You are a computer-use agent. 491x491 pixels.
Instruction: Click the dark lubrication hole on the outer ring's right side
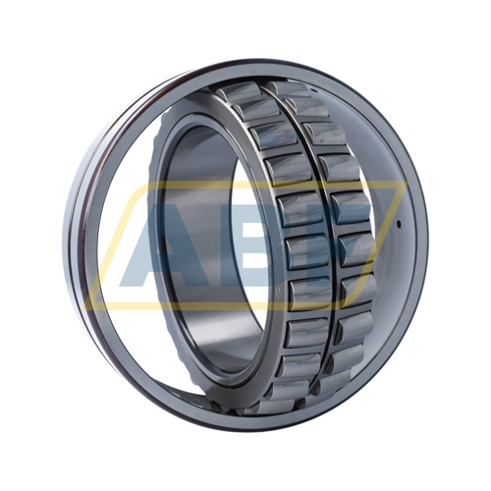pyautogui.click(x=399, y=224)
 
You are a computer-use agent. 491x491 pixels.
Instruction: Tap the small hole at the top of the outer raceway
pyautogui.click(x=312, y=89)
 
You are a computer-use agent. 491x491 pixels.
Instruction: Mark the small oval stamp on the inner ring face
pyautogui.click(x=279, y=291)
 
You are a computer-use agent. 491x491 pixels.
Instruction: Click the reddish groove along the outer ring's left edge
pyautogui.click(x=82, y=229)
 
